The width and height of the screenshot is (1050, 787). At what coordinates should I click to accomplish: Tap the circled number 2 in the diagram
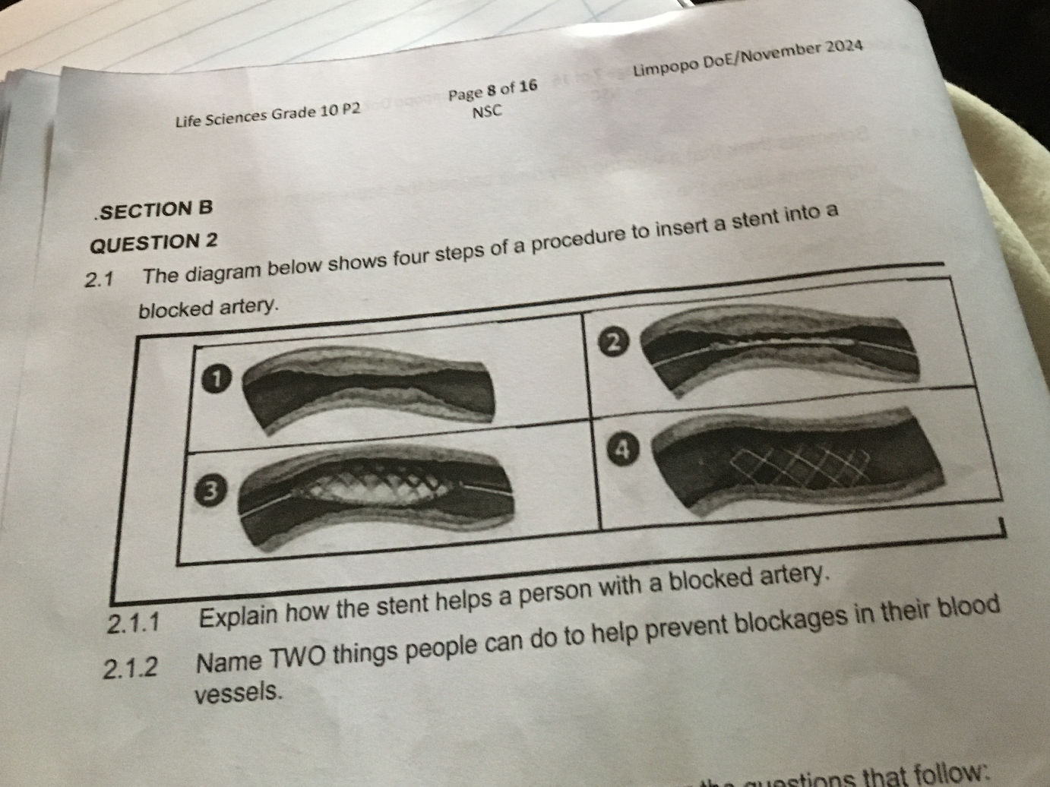point(616,343)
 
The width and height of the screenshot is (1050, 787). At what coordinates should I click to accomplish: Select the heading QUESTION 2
point(153,244)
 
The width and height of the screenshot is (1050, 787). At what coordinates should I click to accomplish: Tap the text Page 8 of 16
point(492,90)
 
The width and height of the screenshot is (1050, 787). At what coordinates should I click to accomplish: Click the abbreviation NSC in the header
point(487,112)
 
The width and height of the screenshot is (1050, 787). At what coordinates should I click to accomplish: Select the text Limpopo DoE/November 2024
point(748,57)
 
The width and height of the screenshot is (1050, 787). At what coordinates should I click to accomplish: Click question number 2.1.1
point(134,624)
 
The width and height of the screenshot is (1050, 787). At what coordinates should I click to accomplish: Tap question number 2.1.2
point(131,669)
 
